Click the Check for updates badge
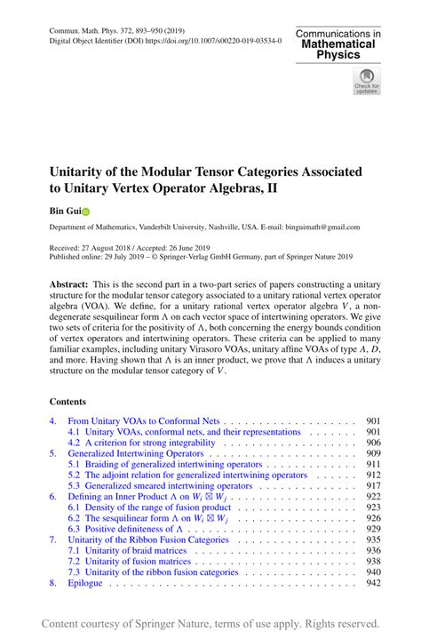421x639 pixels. click(x=365, y=83)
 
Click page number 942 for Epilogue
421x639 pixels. click(x=373, y=582)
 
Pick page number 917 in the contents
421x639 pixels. click(x=373, y=485)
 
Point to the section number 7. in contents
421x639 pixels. click(x=53, y=539)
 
